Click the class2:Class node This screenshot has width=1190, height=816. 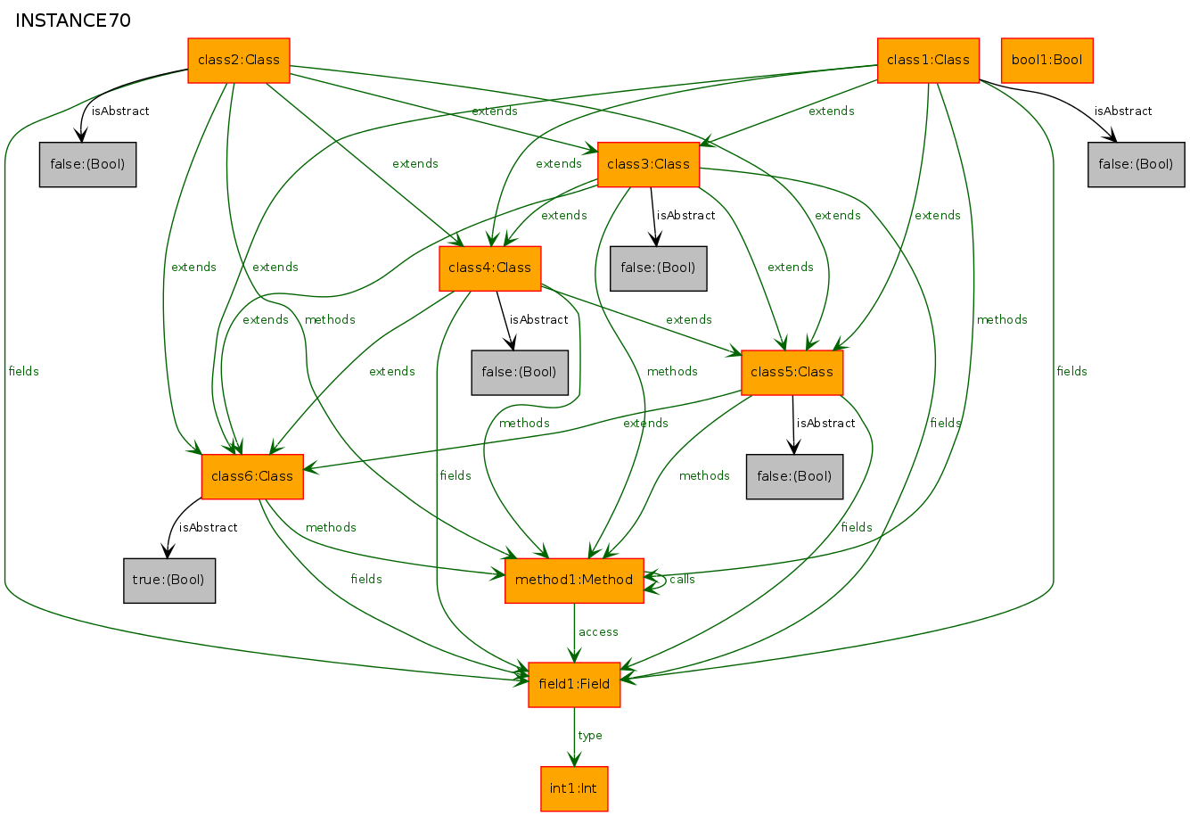tap(239, 61)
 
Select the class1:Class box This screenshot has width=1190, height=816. tap(928, 61)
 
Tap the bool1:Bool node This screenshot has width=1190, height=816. tap(1046, 61)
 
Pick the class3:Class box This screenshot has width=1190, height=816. tap(648, 164)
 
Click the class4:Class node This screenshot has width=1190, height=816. tap(489, 268)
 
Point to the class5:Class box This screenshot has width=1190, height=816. tap(792, 373)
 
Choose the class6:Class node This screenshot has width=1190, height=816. tap(252, 476)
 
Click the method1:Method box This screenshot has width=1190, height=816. tap(574, 581)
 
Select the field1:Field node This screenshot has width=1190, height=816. tap(574, 685)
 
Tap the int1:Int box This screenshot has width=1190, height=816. tap(574, 789)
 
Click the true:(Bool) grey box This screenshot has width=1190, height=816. tap(169, 581)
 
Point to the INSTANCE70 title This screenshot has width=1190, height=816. tap(73, 21)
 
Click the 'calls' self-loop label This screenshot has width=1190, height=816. tap(682, 580)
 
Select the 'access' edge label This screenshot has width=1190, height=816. tap(598, 632)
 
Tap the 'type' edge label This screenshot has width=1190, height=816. tap(590, 736)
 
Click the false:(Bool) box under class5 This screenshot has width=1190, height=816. tap(794, 476)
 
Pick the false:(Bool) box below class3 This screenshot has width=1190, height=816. tap(658, 268)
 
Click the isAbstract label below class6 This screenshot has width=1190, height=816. tap(208, 527)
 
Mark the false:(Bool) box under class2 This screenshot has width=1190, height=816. tap(87, 164)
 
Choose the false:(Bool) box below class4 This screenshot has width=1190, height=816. tap(520, 373)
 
